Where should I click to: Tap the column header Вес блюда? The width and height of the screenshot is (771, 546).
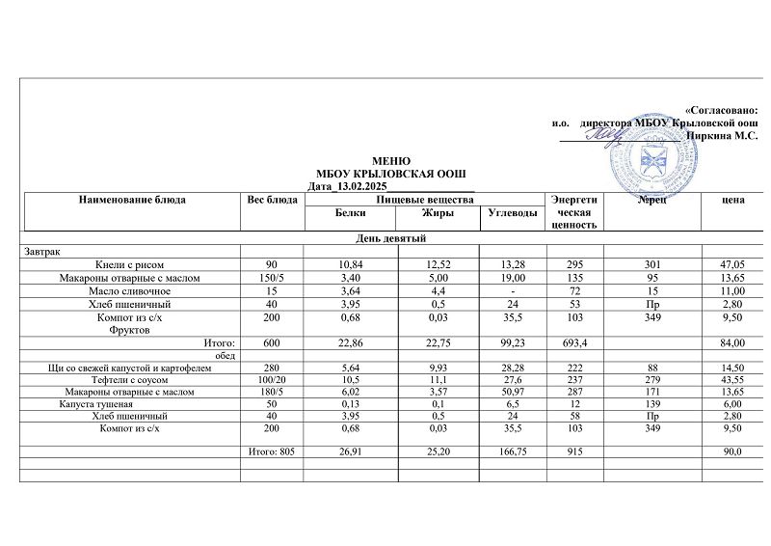coord(273,200)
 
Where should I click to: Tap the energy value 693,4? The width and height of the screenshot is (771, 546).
coord(574,343)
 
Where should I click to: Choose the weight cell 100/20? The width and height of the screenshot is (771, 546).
coord(273,380)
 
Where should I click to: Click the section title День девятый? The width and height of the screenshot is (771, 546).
coord(391,238)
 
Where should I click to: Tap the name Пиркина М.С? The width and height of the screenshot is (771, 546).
coord(722,136)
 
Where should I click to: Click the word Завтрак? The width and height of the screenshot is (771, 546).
coord(42,251)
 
